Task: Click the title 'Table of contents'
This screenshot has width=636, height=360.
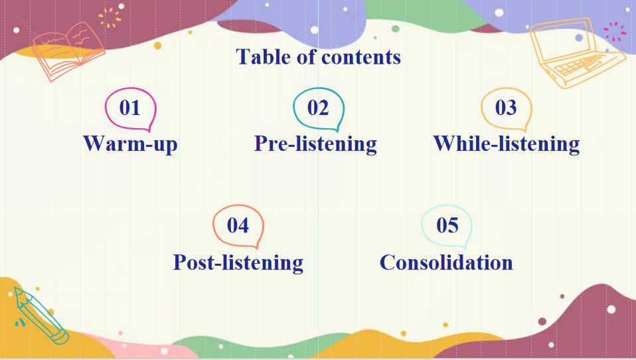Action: pyautogui.click(x=318, y=57)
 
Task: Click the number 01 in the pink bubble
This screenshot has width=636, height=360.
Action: pyautogui.click(x=129, y=108)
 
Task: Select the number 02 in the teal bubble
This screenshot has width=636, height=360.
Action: pyautogui.click(x=318, y=108)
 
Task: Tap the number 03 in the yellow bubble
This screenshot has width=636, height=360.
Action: pyautogui.click(x=506, y=108)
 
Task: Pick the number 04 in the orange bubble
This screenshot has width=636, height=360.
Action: pyautogui.click(x=238, y=225)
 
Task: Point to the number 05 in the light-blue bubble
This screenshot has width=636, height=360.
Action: pyautogui.click(x=447, y=225)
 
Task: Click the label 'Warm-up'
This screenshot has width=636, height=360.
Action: pyautogui.click(x=130, y=143)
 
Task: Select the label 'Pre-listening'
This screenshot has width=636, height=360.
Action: pyautogui.click(x=315, y=143)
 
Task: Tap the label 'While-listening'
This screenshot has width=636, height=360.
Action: pyautogui.click(x=506, y=143)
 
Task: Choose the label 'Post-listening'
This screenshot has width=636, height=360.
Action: pyautogui.click(x=238, y=262)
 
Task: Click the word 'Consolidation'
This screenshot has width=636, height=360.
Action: pyautogui.click(x=446, y=262)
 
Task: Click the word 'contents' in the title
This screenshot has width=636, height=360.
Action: pyautogui.click(x=360, y=57)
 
